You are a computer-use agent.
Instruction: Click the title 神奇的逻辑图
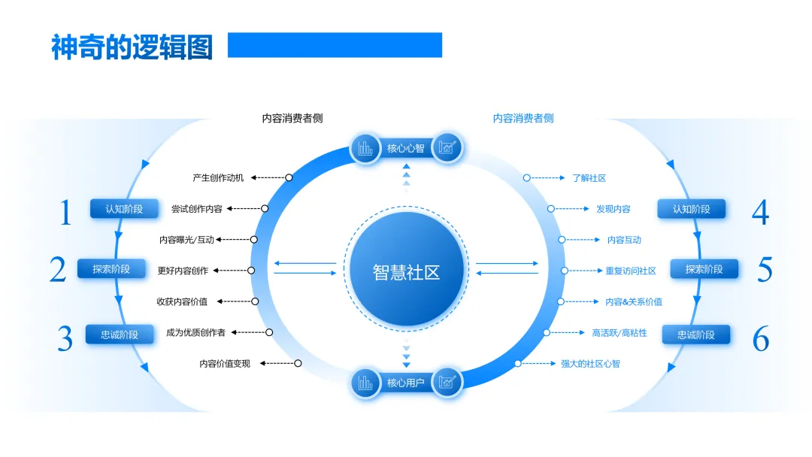click(x=132, y=47)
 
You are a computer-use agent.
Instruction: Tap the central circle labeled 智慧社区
click(x=406, y=271)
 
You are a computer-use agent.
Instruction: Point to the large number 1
click(x=66, y=213)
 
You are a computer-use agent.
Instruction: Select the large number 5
click(x=764, y=270)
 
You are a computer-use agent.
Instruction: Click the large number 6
click(x=761, y=340)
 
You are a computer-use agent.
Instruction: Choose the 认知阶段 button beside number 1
click(x=124, y=209)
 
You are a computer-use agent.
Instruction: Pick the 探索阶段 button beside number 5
click(x=704, y=269)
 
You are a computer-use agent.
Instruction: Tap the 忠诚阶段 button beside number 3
click(x=120, y=334)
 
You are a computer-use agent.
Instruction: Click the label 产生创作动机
click(x=218, y=178)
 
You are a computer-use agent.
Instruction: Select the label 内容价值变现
click(x=225, y=364)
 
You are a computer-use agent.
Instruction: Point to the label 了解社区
click(x=589, y=178)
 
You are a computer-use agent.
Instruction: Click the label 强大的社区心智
click(x=590, y=364)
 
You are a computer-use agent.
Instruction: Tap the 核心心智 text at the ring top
click(x=406, y=148)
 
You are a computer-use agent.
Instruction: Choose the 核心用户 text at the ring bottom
click(x=406, y=383)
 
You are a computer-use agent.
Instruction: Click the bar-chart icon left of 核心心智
click(x=365, y=148)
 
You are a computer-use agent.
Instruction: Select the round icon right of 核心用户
click(x=447, y=383)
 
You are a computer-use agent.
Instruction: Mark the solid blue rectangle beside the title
click(x=335, y=45)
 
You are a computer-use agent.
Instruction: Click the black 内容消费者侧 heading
click(x=292, y=118)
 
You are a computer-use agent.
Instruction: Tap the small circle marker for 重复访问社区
click(x=564, y=271)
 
